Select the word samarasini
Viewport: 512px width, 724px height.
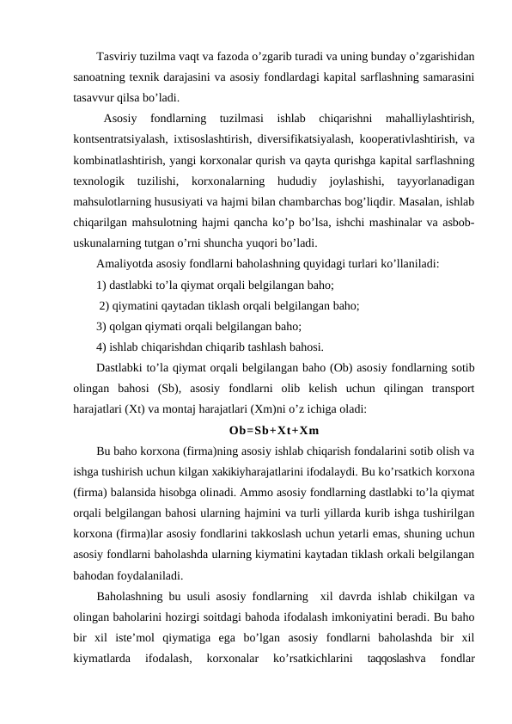[x=447, y=77]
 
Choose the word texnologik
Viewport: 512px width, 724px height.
[x=100, y=180]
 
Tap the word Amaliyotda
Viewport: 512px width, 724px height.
[x=128, y=264]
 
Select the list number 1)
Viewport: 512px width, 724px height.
[x=103, y=285]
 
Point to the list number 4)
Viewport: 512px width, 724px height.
[x=103, y=347]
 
